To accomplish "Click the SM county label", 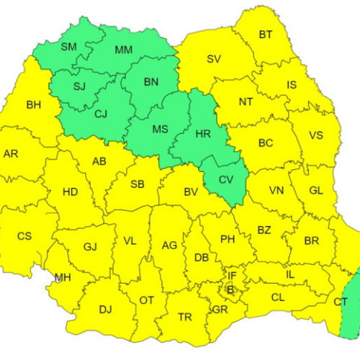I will [68, 48].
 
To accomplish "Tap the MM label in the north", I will [124, 50].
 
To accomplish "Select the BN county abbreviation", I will [150, 82].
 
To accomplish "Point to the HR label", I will [203, 133].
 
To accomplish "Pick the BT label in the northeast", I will [266, 35].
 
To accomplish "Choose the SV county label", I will [214, 59].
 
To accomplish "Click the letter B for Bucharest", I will [230, 290].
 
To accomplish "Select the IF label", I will [233, 276].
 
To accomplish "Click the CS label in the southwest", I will [24, 235].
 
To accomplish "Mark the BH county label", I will [34, 105].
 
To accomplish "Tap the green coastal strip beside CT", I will [350, 302].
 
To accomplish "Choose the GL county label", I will [316, 190].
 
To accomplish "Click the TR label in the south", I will [185, 317].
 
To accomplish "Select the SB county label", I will [137, 184].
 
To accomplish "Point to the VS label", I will [315, 135].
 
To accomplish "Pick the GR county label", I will [220, 310].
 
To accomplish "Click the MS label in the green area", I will [160, 130].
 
